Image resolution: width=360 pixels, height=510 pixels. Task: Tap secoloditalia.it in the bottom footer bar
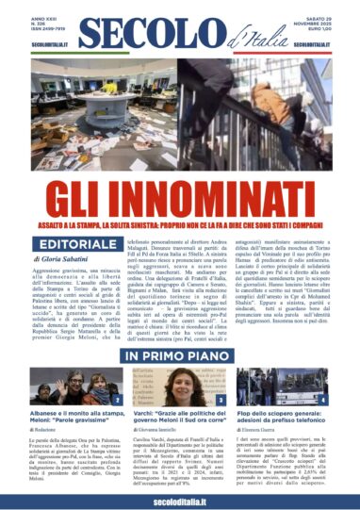[x=179, y=497]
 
